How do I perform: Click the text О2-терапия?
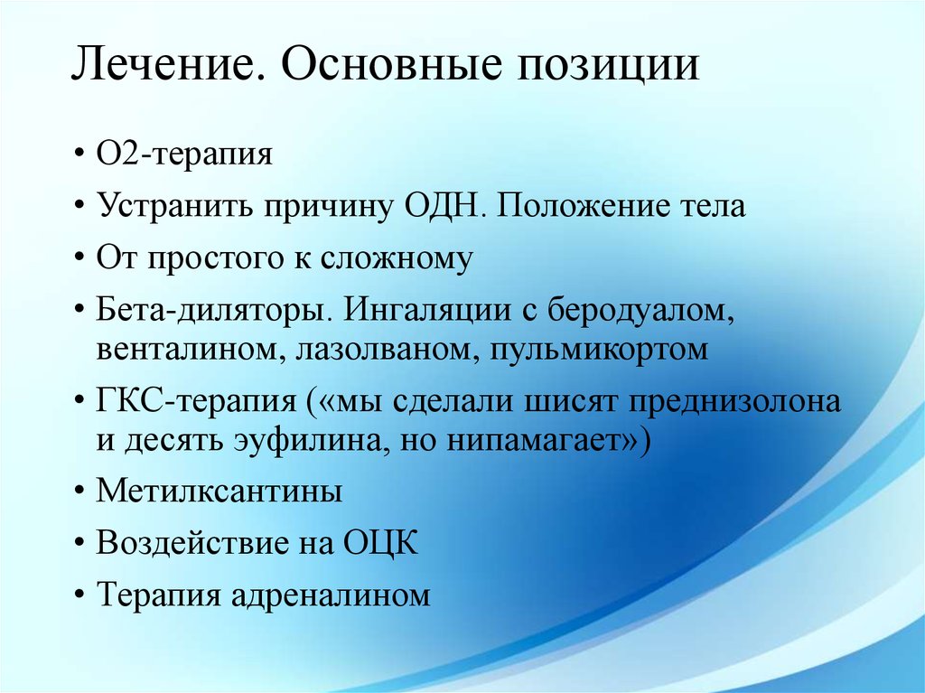click(x=184, y=155)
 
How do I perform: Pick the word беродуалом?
click(x=640, y=311)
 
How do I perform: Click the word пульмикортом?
click(x=599, y=350)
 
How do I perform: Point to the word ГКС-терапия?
click(x=197, y=402)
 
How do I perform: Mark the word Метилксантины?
click(x=220, y=491)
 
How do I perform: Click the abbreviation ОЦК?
click(x=380, y=542)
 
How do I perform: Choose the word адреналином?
click(x=331, y=595)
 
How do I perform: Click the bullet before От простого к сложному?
click(x=79, y=260)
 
